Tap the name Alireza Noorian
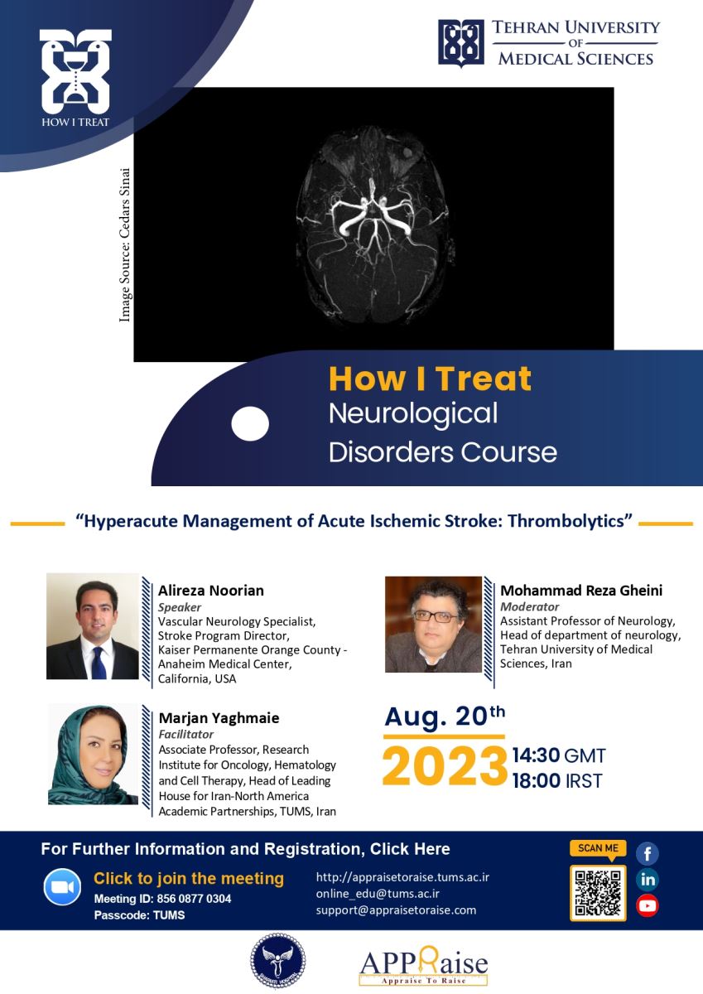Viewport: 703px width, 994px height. pos(210,590)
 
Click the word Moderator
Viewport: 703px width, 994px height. pos(530,606)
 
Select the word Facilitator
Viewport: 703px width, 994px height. pos(185,734)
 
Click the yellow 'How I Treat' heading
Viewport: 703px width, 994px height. pos(430,379)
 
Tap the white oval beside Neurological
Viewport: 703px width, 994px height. pos(250,423)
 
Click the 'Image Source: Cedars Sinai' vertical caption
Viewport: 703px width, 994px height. pos(125,244)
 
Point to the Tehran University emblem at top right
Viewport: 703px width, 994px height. pos(461,43)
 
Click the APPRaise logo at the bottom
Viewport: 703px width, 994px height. pos(423,967)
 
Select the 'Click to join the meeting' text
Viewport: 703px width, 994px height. pos(189,879)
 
